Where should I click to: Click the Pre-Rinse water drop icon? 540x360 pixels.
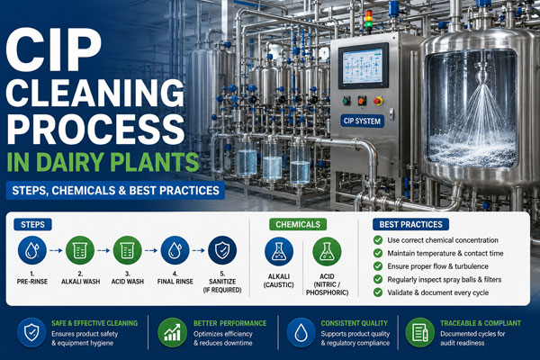[32, 250]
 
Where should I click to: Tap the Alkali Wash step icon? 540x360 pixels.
[80, 250]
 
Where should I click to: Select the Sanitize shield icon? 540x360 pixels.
[222, 250]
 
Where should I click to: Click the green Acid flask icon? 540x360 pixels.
[327, 251]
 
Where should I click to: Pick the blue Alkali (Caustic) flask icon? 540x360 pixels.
[279, 251]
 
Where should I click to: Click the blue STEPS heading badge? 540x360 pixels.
[32, 225]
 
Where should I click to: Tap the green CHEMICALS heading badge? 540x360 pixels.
[298, 225]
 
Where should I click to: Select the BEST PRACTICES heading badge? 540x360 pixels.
[411, 225]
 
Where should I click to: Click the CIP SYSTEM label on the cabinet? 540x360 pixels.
[362, 121]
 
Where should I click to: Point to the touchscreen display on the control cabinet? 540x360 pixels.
[363, 66]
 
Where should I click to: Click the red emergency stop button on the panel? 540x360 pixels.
[378, 101]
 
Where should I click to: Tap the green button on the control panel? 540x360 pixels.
[346, 101]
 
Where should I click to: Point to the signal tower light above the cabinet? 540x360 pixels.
[369, 20]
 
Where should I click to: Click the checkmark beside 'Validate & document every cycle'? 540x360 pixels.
[378, 292]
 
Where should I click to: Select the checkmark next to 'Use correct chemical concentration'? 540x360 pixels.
[378, 240]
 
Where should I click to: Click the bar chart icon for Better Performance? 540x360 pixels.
[172, 332]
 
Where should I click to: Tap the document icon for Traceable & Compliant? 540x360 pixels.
[419, 332]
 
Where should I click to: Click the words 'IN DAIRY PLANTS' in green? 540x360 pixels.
[103, 162]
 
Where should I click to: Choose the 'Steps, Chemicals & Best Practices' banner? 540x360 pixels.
[115, 191]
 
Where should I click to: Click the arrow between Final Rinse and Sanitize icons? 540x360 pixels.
[198, 250]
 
